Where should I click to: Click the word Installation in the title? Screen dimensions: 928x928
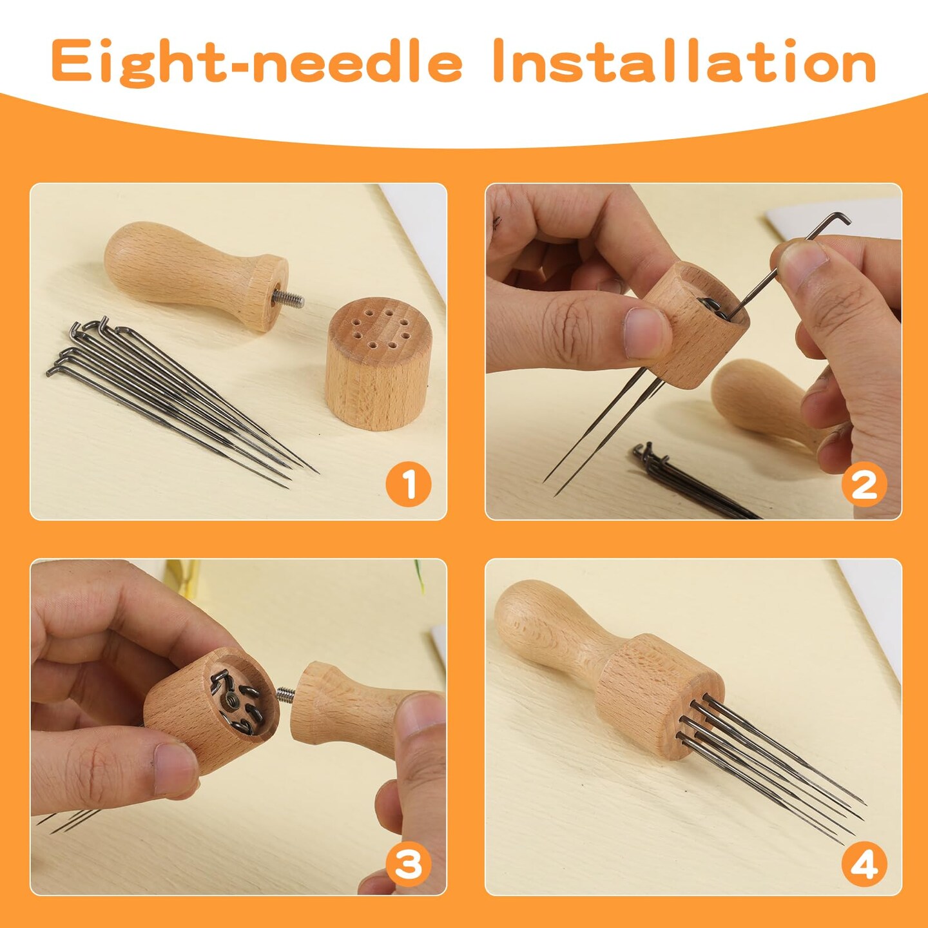click(x=684, y=61)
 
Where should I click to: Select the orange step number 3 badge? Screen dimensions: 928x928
click(x=409, y=864)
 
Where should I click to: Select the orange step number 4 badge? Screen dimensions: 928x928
click(x=864, y=864)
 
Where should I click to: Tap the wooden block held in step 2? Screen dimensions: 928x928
click(x=696, y=329)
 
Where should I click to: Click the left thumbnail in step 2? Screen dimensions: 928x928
click(x=648, y=332)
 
